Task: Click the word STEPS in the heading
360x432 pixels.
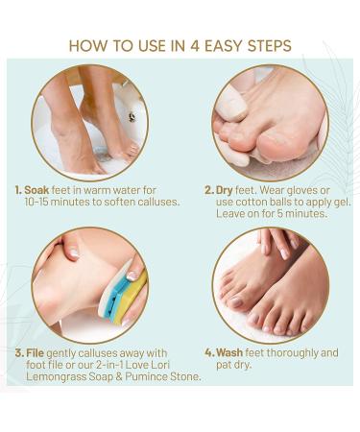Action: tap(269, 46)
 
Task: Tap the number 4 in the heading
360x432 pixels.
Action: tap(194, 46)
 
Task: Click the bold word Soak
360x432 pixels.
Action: tap(36, 190)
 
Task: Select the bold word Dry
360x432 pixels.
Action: tap(224, 190)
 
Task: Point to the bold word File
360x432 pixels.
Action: tap(35, 353)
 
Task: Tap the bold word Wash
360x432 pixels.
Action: tap(229, 353)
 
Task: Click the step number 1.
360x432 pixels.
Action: tap(18, 190)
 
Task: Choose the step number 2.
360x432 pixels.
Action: tap(209, 190)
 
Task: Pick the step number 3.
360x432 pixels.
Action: tap(19, 353)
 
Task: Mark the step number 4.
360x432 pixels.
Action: tap(209, 353)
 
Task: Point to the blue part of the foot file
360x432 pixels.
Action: tap(117, 296)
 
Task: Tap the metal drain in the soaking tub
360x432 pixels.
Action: tap(132, 117)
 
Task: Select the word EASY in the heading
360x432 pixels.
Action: tap(224, 46)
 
